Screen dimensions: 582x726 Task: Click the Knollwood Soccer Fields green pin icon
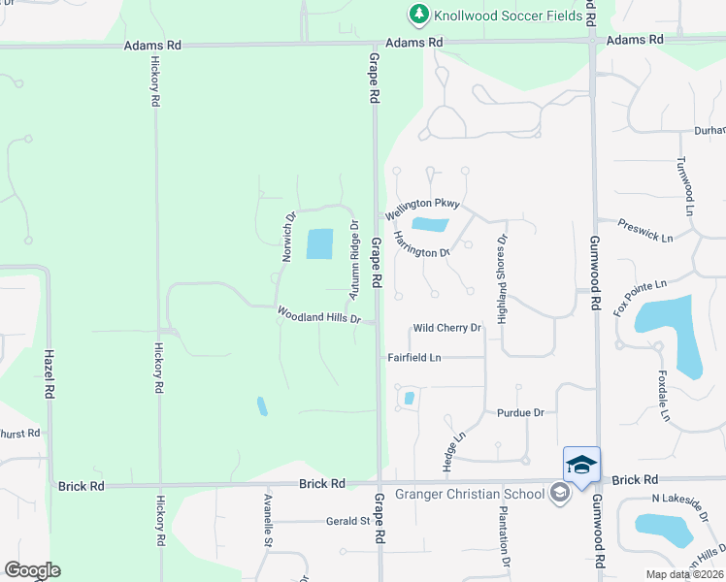pyautogui.click(x=418, y=14)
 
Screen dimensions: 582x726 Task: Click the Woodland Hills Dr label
pyautogui.click(x=319, y=315)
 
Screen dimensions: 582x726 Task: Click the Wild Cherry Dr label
pyautogui.click(x=446, y=328)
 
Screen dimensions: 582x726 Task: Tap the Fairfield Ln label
pyautogui.click(x=414, y=358)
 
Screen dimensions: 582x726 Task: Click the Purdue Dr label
pyautogui.click(x=520, y=412)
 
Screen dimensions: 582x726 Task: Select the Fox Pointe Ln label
pyautogui.click(x=642, y=297)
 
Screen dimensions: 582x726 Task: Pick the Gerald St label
pyautogui.click(x=348, y=521)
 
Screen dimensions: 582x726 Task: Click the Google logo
pyautogui.click(x=32, y=569)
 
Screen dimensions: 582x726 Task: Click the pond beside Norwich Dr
pyautogui.click(x=319, y=243)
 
